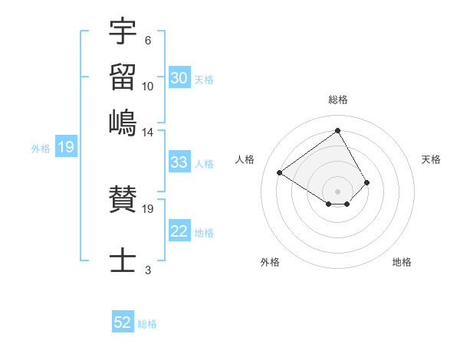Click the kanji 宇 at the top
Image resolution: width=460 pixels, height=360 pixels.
pos(123,32)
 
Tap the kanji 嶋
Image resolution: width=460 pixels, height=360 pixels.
pos(123,123)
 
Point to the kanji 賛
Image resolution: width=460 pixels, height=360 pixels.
pos(123,201)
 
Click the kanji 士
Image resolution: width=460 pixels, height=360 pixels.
pos(123,260)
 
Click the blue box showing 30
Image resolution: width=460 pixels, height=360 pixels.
pos(179,77)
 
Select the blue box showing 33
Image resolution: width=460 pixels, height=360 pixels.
pos(179,162)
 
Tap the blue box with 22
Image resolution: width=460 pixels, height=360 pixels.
pos(179,232)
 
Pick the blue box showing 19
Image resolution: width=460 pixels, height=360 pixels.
pos(66,148)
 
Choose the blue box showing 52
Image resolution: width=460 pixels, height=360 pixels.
pos(123,322)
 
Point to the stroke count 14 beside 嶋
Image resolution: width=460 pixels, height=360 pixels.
pos(148,132)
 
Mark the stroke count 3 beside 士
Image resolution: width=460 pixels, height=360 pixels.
pos(147,269)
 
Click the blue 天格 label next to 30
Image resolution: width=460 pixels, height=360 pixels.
pos(204,80)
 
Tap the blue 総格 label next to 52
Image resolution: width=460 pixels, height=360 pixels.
pos(147,324)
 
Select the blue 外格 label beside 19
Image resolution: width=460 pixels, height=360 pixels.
pos(40,149)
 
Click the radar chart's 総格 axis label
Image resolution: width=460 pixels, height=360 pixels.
pos(338,100)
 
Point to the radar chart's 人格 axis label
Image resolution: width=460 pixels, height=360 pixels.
pos(245,159)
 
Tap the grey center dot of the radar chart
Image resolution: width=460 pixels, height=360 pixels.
pos(338,191)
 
